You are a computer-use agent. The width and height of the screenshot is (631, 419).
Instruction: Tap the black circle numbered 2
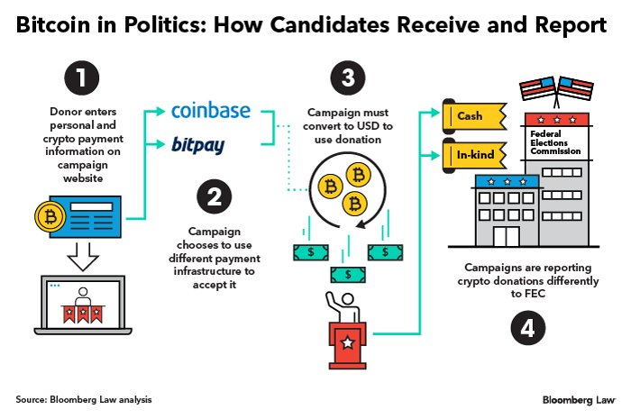[x=214, y=198]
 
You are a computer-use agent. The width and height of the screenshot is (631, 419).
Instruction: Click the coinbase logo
[x=211, y=113]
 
